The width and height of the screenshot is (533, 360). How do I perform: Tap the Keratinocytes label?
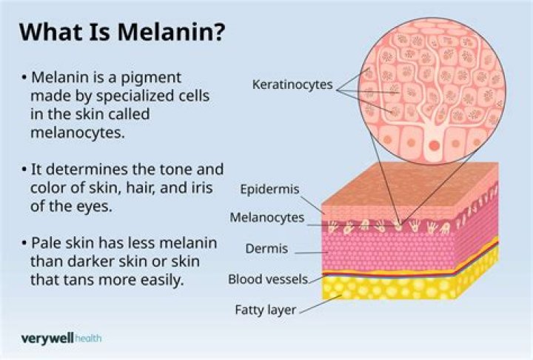(x=292, y=84)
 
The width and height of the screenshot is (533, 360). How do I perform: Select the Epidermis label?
(x=270, y=189)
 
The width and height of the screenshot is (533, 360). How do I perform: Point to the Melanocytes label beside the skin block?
(x=266, y=218)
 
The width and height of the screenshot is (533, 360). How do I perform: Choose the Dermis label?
(x=266, y=249)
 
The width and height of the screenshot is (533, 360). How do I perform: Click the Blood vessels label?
(x=268, y=279)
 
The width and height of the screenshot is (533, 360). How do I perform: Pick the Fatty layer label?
(x=266, y=310)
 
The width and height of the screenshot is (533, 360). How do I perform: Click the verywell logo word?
(x=47, y=339)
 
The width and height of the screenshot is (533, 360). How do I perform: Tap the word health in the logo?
(x=88, y=339)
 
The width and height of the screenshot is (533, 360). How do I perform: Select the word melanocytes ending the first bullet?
(x=78, y=133)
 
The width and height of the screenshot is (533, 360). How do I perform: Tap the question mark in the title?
(x=218, y=32)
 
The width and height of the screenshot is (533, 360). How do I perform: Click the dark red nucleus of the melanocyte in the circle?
(x=434, y=146)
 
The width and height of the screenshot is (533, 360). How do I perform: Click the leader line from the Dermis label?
(x=312, y=253)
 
